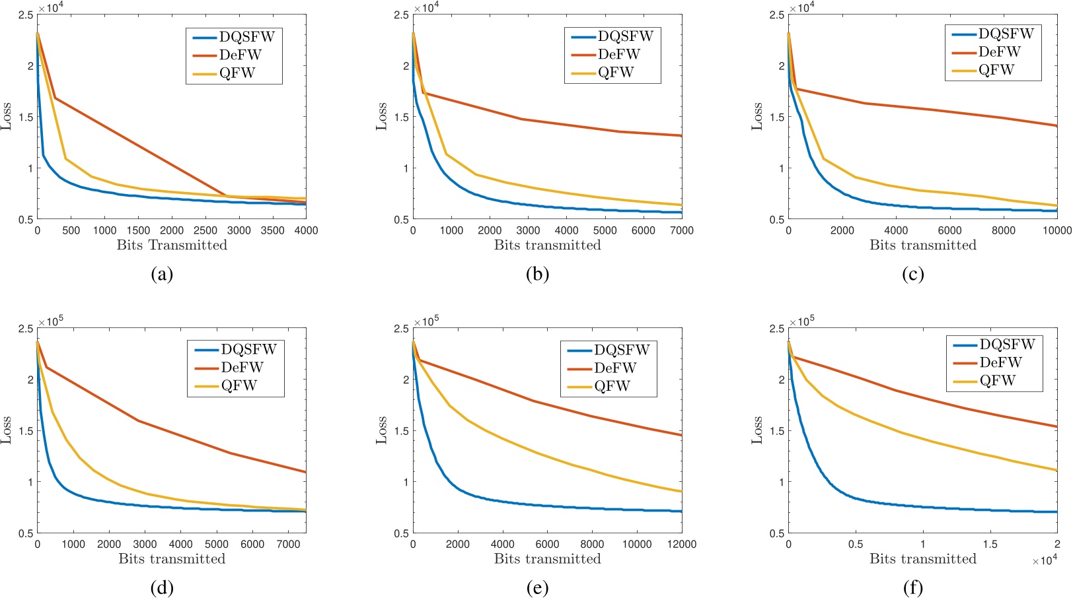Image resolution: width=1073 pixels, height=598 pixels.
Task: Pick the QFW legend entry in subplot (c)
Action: (x=996, y=70)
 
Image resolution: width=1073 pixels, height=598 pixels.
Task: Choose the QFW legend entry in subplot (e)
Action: (x=612, y=386)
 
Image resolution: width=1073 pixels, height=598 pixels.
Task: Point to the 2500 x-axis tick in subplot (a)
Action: (x=205, y=231)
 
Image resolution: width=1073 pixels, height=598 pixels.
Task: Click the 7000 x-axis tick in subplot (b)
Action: (x=681, y=231)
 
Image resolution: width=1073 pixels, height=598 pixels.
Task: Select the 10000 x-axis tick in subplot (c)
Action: (x=1056, y=231)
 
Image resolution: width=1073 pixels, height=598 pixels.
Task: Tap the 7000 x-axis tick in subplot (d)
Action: (x=288, y=545)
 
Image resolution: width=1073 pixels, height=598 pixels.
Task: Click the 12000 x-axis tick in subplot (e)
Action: (x=681, y=545)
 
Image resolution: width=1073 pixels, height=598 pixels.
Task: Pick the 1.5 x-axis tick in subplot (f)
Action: (x=990, y=545)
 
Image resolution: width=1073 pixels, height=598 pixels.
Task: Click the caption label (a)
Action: (x=162, y=274)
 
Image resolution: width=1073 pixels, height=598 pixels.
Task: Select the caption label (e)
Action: (x=537, y=587)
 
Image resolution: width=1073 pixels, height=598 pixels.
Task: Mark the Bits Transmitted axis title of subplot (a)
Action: (x=172, y=246)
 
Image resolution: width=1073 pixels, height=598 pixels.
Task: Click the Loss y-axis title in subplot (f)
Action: (x=757, y=430)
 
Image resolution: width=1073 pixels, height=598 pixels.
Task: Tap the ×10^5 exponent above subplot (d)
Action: (x=51, y=321)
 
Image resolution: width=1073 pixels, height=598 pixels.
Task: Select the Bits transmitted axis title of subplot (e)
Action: (x=547, y=559)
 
